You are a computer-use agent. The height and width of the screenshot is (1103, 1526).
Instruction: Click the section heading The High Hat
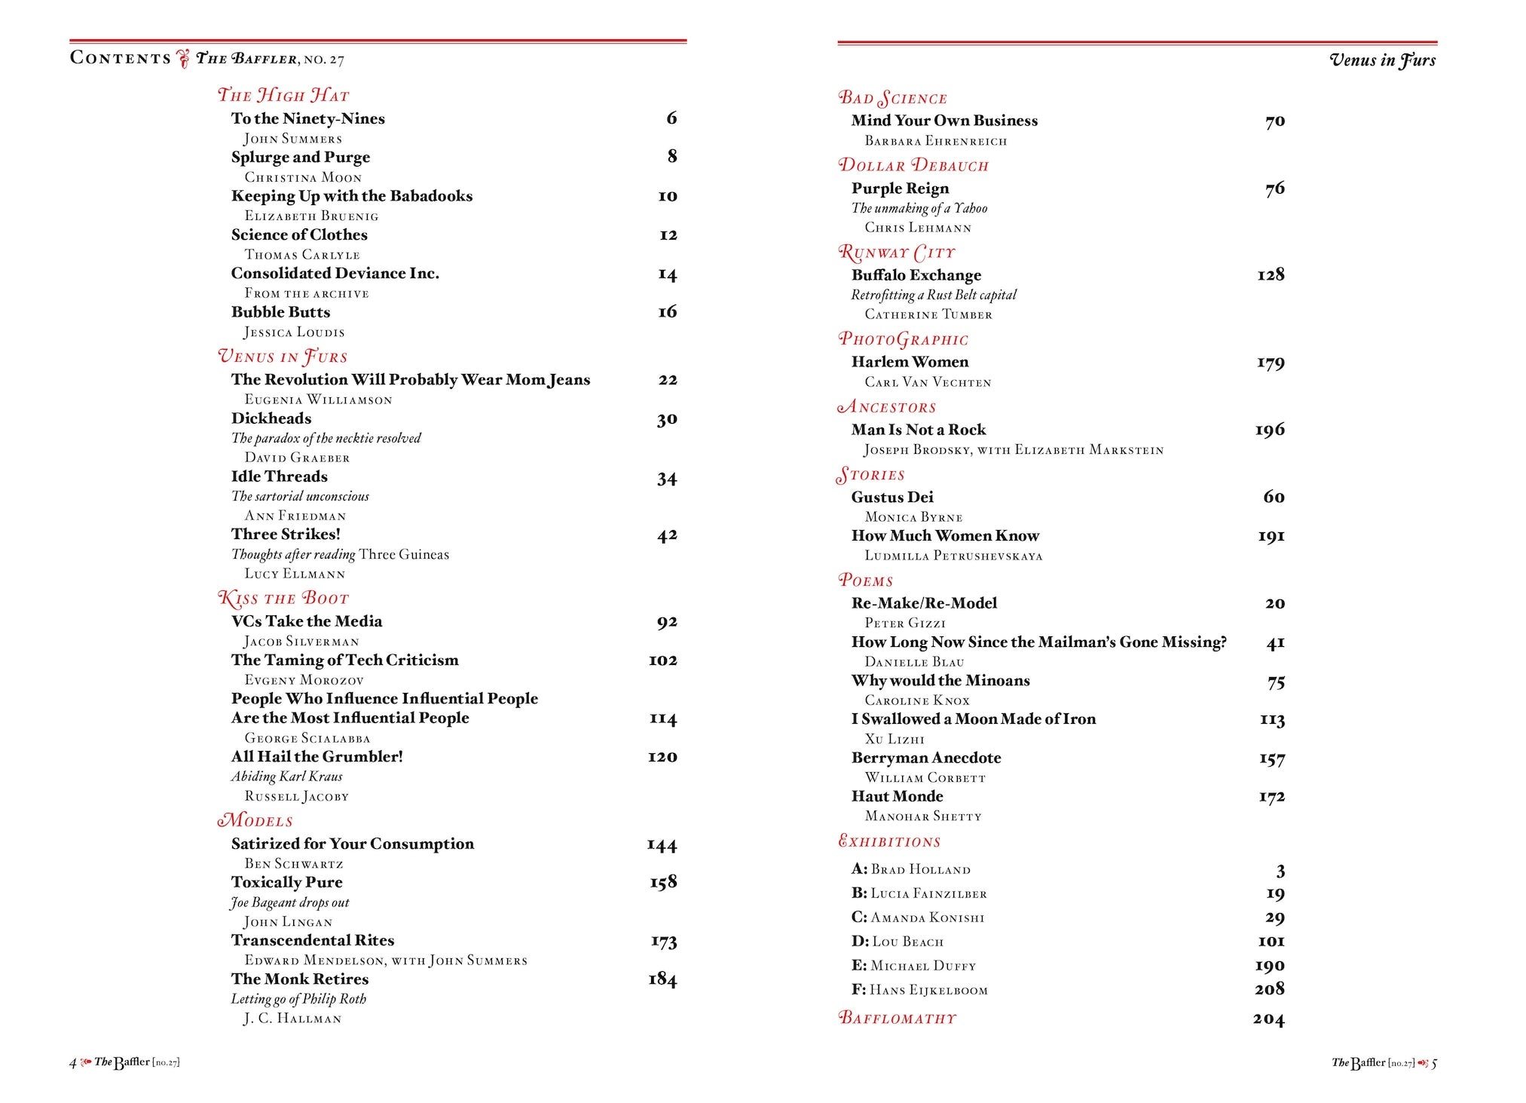pyautogui.click(x=283, y=95)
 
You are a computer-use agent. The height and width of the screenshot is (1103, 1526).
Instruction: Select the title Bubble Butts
pyautogui.click(x=280, y=312)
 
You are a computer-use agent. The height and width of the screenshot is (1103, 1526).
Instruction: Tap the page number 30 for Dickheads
pyautogui.click(x=667, y=419)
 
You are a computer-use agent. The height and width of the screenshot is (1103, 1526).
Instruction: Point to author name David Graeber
pyautogui.click(x=297, y=458)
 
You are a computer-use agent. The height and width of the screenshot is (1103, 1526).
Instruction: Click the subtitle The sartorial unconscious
pyautogui.click(x=300, y=496)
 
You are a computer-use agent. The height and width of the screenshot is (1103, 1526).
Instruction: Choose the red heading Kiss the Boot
pyautogui.click(x=283, y=599)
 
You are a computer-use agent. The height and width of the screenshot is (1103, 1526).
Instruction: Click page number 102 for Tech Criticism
pyautogui.click(x=663, y=660)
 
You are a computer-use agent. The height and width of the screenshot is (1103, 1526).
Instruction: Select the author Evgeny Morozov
pyautogui.click(x=304, y=680)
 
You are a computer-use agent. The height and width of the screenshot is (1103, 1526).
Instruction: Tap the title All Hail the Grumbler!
pyautogui.click(x=317, y=756)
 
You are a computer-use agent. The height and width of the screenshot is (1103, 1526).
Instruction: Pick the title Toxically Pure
pyautogui.click(x=286, y=882)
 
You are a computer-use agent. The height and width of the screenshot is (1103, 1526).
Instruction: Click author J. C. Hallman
pyautogui.click(x=292, y=1019)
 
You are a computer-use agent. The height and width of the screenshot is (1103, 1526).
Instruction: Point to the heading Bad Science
pyautogui.click(x=893, y=98)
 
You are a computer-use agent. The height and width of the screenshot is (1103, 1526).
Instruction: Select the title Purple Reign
pyautogui.click(x=900, y=188)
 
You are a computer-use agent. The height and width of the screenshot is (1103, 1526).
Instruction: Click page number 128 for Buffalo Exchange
pyautogui.click(x=1271, y=275)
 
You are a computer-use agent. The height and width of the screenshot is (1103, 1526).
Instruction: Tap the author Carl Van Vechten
pyautogui.click(x=928, y=382)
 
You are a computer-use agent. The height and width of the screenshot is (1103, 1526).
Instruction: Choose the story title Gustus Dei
pyautogui.click(x=892, y=497)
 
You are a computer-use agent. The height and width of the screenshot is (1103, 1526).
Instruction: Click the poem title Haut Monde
pyautogui.click(x=897, y=796)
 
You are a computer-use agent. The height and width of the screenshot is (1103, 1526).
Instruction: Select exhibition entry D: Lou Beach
pyautogui.click(x=898, y=942)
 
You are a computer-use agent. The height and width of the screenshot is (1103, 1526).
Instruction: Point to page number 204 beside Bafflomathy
pyautogui.click(x=1269, y=1019)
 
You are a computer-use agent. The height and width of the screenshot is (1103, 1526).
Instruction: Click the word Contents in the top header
pyautogui.click(x=121, y=58)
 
